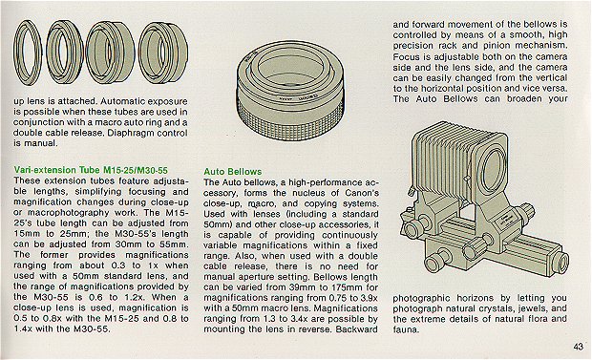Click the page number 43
coord(578,347)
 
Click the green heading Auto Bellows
coord(233,172)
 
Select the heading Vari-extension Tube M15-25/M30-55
coord(91,170)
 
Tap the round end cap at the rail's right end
coord(562,262)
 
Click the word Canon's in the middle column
coord(362,193)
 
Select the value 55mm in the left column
coord(176,244)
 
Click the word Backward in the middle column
coord(356,329)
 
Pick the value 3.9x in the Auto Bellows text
coord(368,298)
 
